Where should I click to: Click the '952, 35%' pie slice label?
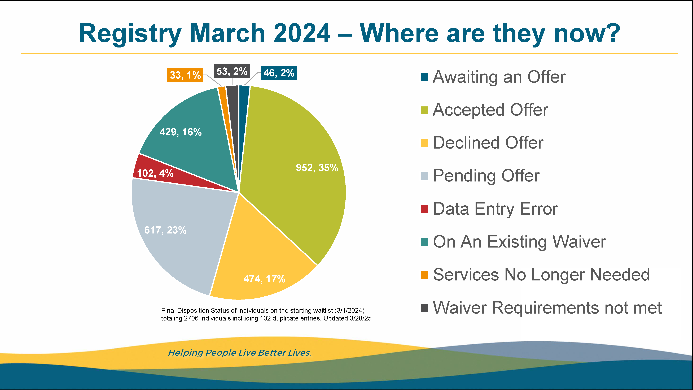tap(317, 168)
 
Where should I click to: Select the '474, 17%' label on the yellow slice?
tap(264, 279)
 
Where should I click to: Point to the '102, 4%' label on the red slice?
tap(155, 173)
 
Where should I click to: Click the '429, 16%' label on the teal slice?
tap(181, 132)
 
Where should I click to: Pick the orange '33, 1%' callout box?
tap(185, 75)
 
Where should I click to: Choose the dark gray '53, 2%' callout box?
tap(232, 71)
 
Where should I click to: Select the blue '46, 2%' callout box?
tap(279, 73)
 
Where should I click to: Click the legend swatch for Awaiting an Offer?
tap(424, 77)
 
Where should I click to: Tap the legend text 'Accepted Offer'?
tap(490, 110)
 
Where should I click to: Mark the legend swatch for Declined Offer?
tap(424, 143)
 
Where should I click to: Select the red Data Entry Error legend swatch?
tap(424, 209)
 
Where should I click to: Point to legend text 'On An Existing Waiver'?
tap(519, 242)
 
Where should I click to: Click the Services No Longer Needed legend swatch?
tap(424, 275)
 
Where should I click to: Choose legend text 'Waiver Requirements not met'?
tap(547, 308)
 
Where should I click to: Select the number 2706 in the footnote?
tap(191, 318)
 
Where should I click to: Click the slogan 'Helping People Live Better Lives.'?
tap(239, 353)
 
